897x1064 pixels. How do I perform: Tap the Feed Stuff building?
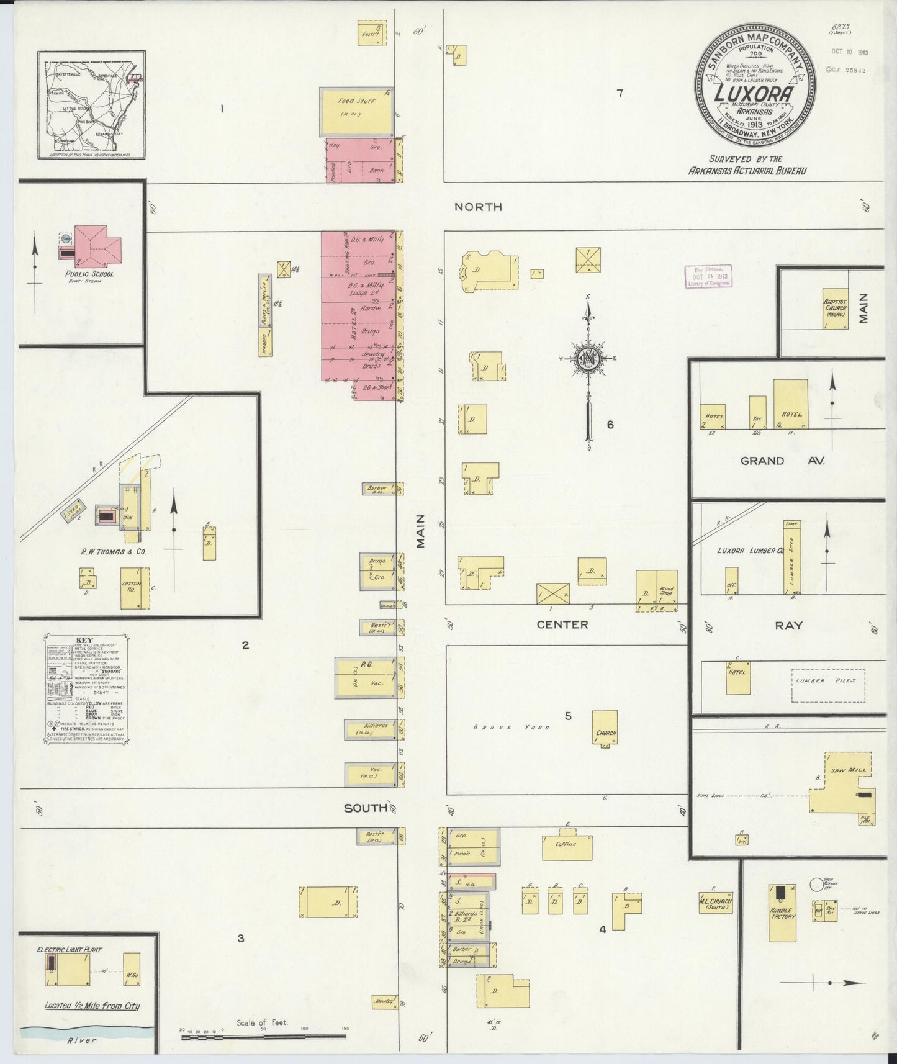[x=356, y=110]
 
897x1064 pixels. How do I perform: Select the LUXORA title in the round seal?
[x=754, y=94]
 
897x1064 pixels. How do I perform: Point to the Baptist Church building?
[x=835, y=308]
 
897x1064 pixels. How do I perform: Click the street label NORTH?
[x=478, y=207]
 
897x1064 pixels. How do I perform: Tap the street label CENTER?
[x=562, y=624]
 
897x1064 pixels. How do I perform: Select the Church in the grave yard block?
[x=605, y=729]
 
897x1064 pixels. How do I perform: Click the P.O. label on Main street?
[x=366, y=664]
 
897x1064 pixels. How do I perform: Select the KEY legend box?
[x=86, y=689]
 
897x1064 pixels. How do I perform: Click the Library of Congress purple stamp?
[x=707, y=276]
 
